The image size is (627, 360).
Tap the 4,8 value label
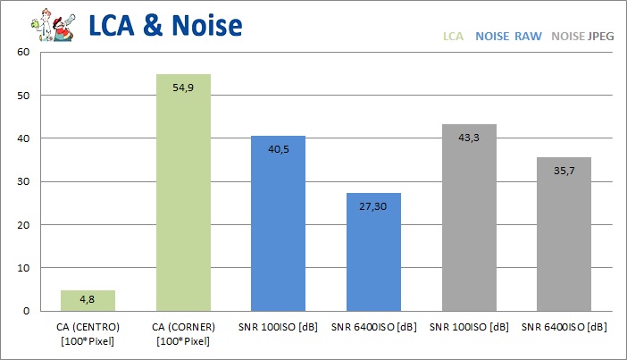point(88,297)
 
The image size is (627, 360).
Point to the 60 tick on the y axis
point(24,52)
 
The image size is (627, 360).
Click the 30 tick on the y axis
point(24,181)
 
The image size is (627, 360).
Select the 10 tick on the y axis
point(24,268)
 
